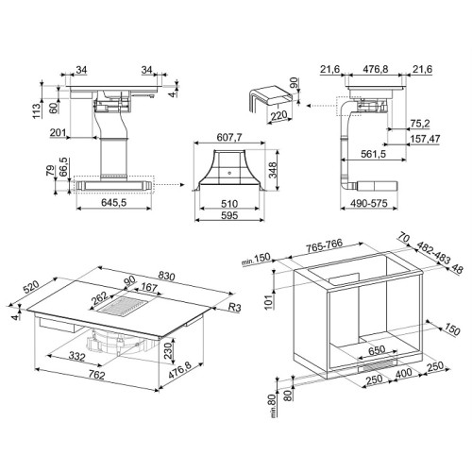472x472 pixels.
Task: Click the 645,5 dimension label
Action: [113, 202]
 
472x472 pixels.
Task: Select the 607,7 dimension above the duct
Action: [229, 138]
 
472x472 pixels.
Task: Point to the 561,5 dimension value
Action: [373, 154]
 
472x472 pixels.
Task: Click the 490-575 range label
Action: [369, 203]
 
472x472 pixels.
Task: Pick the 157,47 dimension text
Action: [425, 139]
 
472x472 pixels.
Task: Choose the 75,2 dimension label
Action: [420, 124]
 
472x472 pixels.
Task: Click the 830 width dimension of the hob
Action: [166, 276]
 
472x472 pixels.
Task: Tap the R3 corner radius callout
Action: [234, 307]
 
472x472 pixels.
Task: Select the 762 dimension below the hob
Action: [96, 375]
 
